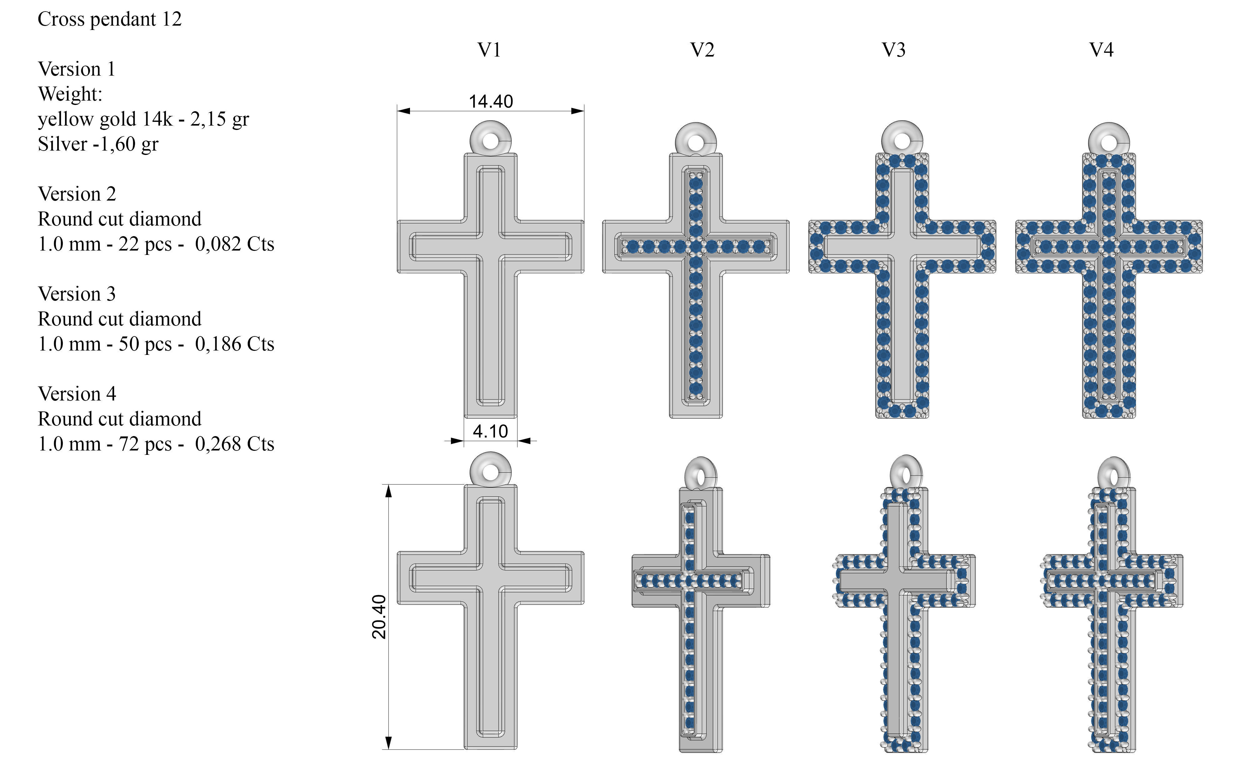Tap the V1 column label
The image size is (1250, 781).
coord(489,50)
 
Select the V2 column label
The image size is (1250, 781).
coord(702,50)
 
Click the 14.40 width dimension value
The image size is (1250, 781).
coord(490,101)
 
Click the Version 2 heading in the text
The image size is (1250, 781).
coord(77,195)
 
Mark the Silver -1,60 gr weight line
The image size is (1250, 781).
coord(97,144)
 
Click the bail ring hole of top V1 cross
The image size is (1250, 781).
coord(490,141)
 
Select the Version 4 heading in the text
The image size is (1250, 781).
coord(77,394)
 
